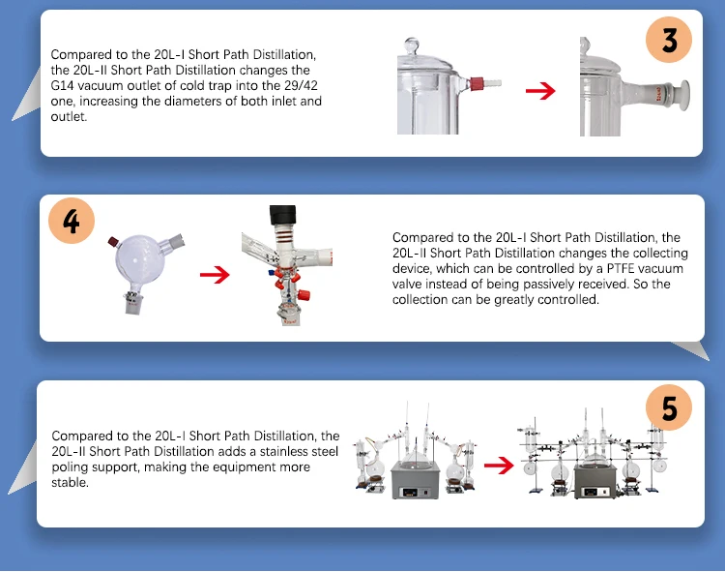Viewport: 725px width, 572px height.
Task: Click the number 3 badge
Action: coord(669,41)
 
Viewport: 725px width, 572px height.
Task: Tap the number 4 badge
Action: coord(72,222)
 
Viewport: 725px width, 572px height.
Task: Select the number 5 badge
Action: coord(669,407)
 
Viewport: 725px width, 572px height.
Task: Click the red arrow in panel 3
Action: coord(540,91)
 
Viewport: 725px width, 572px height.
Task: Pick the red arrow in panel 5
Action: coord(498,465)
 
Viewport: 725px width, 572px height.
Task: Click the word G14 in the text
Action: coord(63,85)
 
